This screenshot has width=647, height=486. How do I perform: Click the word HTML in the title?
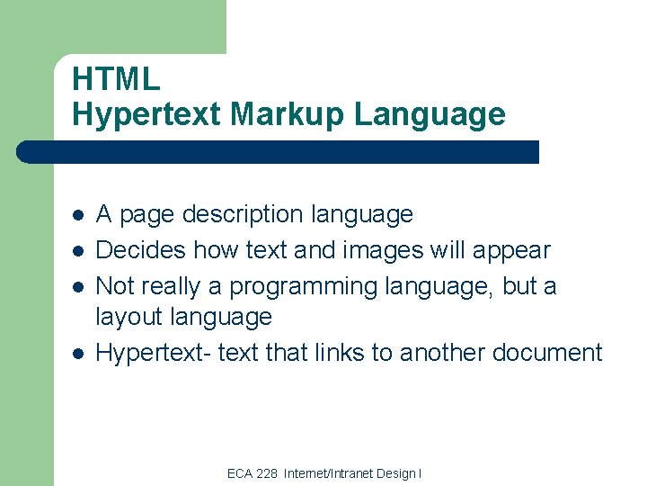[116, 79]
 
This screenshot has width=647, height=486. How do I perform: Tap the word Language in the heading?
[430, 114]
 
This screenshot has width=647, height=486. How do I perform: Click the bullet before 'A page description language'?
[78, 215]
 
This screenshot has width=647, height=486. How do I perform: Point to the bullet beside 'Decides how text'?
[78, 251]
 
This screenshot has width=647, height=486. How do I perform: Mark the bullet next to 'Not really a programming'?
[78, 287]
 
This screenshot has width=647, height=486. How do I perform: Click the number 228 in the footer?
[267, 473]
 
